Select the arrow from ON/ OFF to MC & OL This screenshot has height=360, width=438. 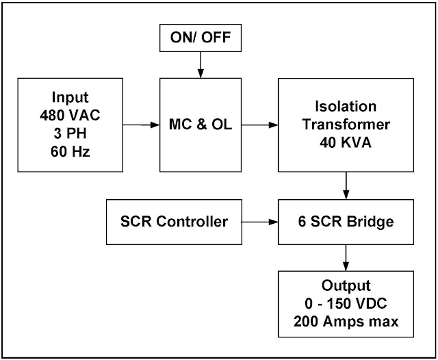tap(200, 66)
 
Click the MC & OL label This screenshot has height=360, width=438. tap(200, 125)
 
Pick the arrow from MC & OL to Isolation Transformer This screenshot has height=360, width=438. tap(259, 125)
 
